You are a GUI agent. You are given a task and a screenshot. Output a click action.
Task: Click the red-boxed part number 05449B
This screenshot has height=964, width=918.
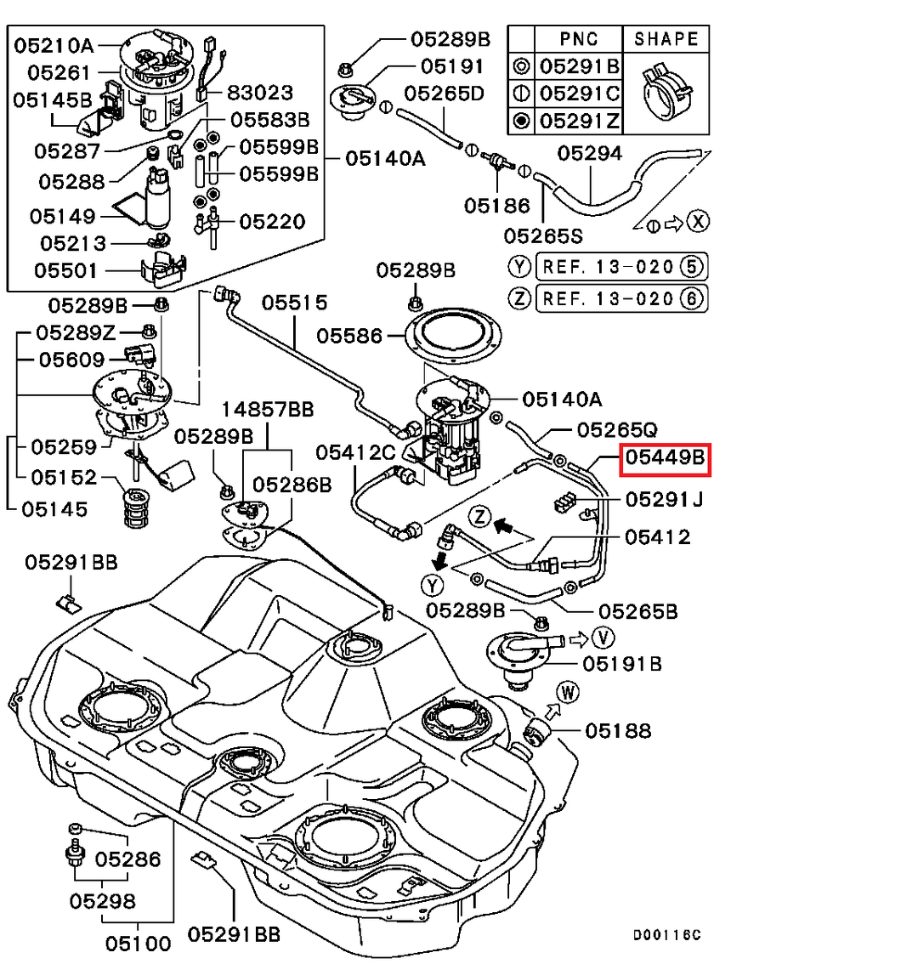[665, 460]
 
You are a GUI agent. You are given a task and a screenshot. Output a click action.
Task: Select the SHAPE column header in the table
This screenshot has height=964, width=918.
[666, 39]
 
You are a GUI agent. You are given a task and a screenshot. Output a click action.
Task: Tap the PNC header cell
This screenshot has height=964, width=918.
[579, 39]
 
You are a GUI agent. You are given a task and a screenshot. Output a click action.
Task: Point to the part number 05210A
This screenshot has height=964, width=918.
[54, 46]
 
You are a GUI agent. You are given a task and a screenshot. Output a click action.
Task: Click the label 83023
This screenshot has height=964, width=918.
[259, 93]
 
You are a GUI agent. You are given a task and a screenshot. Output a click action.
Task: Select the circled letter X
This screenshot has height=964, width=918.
[698, 223]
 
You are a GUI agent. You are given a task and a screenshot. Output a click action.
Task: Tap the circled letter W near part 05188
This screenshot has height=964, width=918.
[569, 693]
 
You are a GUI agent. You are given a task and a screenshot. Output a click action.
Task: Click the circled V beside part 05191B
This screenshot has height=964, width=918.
[604, 637]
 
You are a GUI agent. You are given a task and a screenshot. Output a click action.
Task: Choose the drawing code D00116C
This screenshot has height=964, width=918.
[666, 935]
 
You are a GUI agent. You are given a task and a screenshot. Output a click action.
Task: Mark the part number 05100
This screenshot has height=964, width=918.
[138, 943]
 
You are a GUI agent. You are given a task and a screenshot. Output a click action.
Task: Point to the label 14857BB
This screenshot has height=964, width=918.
[269, 410]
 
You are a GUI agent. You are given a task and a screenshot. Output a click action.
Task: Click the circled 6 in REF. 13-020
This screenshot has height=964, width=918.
[694, 298]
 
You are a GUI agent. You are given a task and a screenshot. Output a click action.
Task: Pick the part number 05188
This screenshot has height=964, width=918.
[618, 730]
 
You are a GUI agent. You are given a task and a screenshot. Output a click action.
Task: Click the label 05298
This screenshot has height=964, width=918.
[103, 900]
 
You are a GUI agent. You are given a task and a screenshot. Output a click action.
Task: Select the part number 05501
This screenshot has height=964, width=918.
[65, 271]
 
